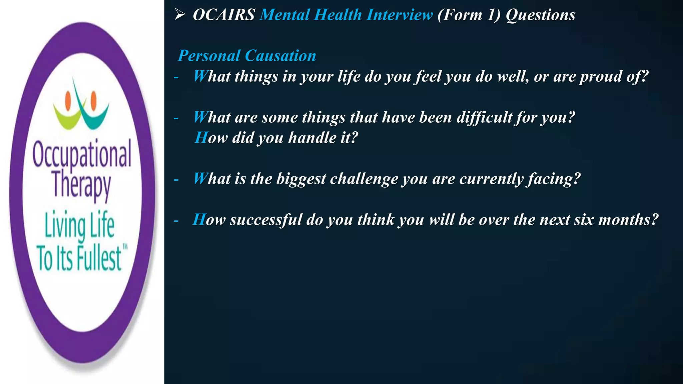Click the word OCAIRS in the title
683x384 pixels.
[224, 15]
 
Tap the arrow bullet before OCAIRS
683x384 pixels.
[180, 15]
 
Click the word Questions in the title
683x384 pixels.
[541, 15]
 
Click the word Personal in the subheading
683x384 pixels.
[209, 56]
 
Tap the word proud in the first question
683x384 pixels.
[600, 77]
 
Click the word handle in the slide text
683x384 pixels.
[312, 138]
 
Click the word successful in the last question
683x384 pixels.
[266, 220]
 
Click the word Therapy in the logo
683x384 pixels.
[81, 185]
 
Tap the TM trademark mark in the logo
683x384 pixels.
[125, 247]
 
